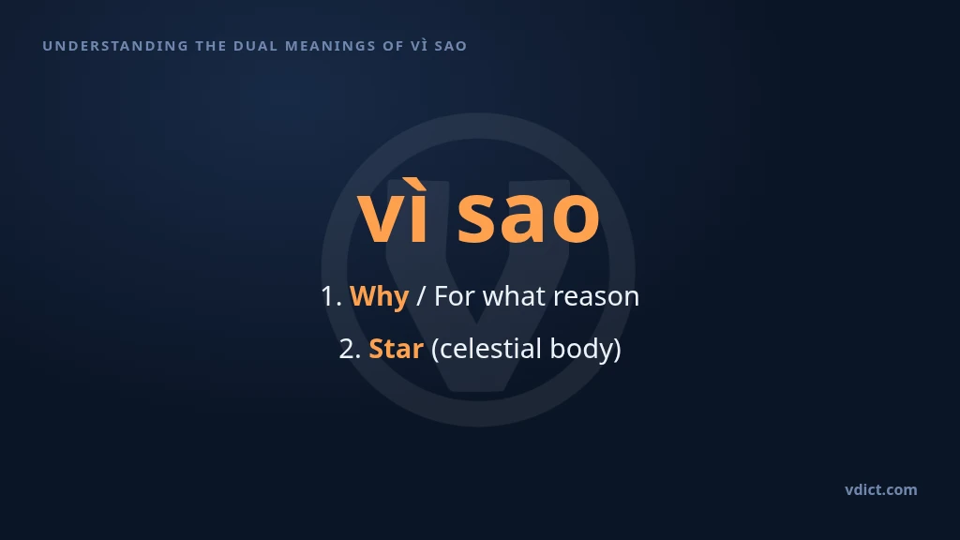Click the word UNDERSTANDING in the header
[115, 46]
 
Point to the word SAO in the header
[451, 46]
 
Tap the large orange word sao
[529, 217]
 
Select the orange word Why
[379, 296]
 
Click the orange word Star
[397, 349]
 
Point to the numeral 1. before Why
[331, 296]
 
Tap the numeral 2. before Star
[351, 349]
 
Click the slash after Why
[421, 296]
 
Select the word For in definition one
[455, 296]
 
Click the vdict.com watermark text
[881, 489]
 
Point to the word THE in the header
[211, 46]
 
